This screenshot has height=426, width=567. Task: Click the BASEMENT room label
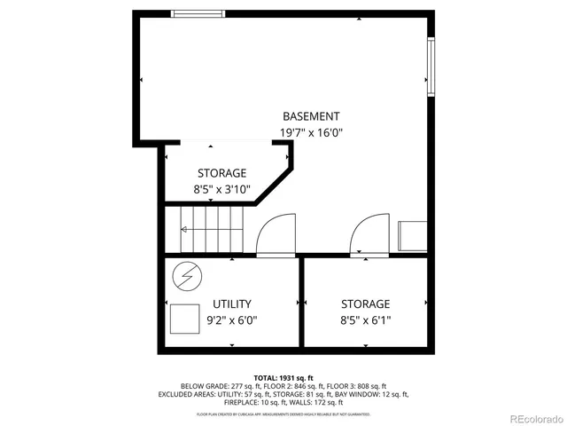tap(310, 116)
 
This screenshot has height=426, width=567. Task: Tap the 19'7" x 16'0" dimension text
tap(310, 133)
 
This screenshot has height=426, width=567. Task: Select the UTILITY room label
tap(232, 304)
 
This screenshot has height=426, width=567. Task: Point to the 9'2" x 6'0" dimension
tap(232, 320)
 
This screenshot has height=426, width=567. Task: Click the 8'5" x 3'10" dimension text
tap(221, 189)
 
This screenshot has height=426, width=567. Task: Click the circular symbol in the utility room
tap(186, 276)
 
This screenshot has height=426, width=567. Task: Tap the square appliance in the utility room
tap(185, 317)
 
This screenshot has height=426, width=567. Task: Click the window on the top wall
tap(198, 13)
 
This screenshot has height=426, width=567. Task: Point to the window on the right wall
tap(431, 67)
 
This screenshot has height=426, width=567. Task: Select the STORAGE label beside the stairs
tap(221, 173)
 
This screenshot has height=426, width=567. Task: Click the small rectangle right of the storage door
tap(413, 236)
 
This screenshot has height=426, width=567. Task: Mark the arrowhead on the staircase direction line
tap(183, 230)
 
